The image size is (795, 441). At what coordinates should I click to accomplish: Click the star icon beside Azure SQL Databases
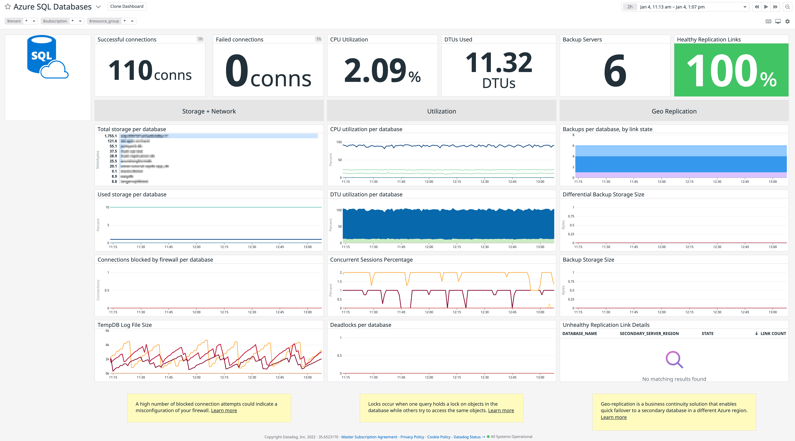pyautogui.click(x=8, y=6)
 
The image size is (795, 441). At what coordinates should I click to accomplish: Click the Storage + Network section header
pyautogui.click(x=209, y=111)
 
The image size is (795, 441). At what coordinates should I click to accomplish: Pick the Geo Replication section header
pyautogui.click(x=674, y=111)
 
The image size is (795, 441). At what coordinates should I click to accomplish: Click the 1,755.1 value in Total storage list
pyautogui.click(x=111, y=136)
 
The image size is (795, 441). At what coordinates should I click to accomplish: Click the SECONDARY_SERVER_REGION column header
pyautogui.click(x=649, y=333)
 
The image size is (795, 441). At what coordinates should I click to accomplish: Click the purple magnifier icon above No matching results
pyautogui.click(x=674, y=359)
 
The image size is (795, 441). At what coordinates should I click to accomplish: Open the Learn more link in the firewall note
pyautogui.click(x=224, y=410)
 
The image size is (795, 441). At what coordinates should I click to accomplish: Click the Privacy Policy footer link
pyautogui.click(x=412, y=437)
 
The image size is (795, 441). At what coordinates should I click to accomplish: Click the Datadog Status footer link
pyautogui.click(x=467, y=437)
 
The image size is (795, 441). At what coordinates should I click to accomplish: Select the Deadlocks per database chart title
pyautogui.click(x=360, y=325)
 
